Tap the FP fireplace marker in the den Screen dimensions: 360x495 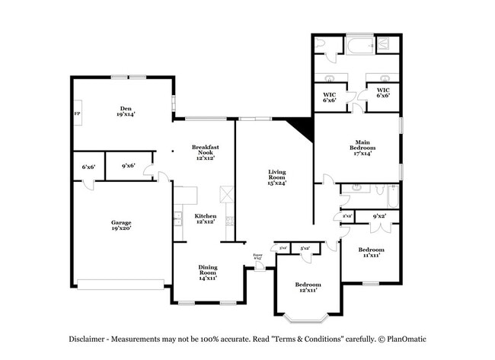click(x=77, y=114)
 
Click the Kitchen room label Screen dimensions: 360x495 click(x=206, y=218)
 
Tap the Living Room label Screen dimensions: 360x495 click(x=276, y=177)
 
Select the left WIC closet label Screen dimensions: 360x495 click(x=330, y=95)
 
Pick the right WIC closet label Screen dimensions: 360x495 click(x=384, y=95)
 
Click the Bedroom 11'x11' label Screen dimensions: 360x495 click(x=371, y=252)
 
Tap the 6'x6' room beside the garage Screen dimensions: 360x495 click(x=88, y=167)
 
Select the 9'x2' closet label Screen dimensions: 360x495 click(x=378, y=217)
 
